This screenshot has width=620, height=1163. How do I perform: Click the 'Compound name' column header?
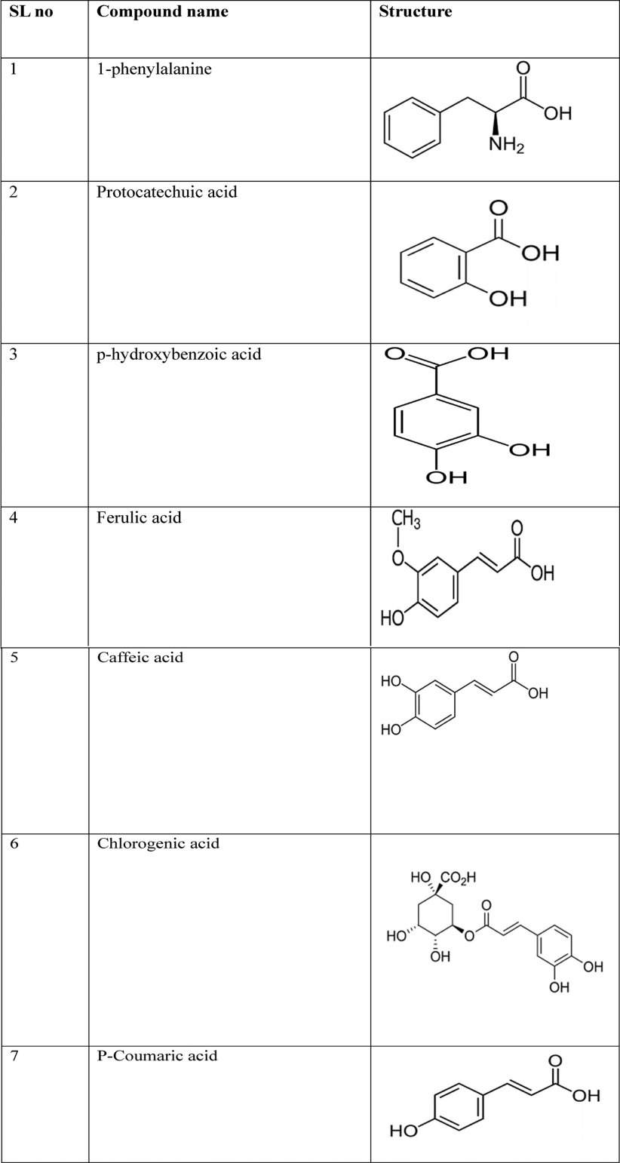[x=162, y=12]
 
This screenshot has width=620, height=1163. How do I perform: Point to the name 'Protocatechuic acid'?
[x=167, y=192]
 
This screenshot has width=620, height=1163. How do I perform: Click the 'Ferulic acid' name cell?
[x=140, y=517]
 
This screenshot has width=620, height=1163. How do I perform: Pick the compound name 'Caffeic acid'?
[x=140, y=657]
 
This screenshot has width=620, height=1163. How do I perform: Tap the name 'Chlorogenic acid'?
[x=158, y=843]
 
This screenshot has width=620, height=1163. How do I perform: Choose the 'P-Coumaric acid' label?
[x=157, y=1055]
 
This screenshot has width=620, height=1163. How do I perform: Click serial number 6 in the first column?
[x=14, y=844]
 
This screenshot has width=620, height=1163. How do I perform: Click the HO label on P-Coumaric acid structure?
[x=405, y=1131]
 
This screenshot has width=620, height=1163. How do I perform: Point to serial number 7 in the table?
[x=14, y=1056]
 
